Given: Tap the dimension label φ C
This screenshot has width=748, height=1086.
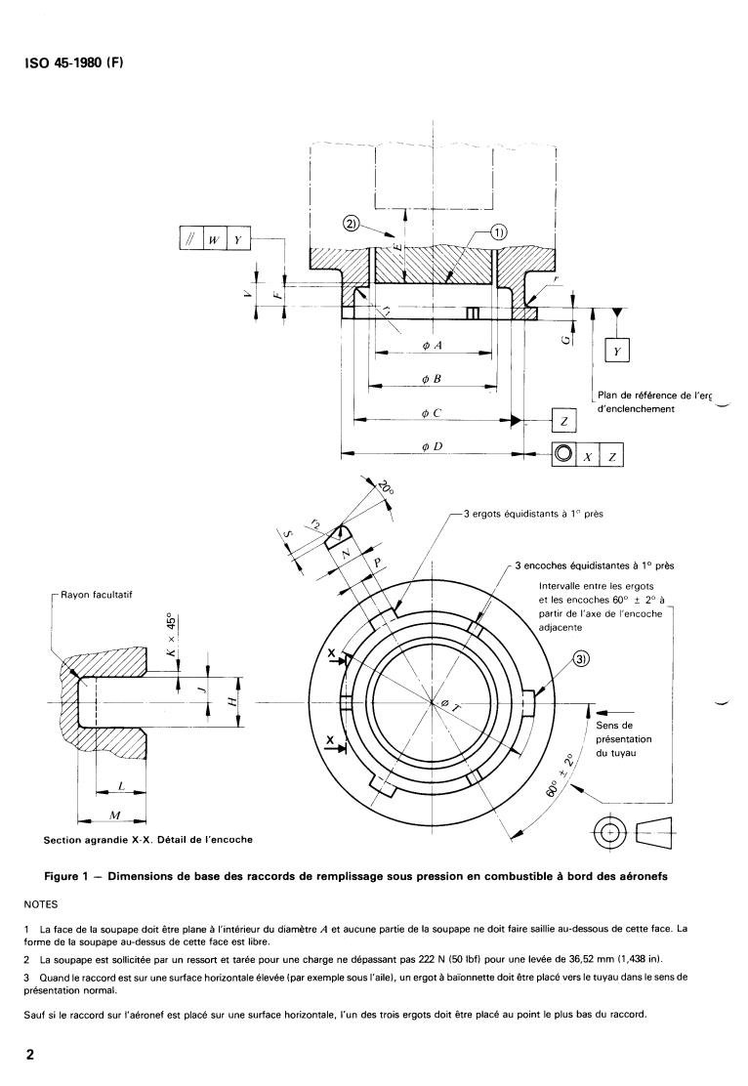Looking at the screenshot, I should point(431,413).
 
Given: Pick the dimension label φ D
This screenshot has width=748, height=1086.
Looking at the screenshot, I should point(431,446).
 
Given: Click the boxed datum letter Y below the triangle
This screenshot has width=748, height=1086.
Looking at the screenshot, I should point(618,350).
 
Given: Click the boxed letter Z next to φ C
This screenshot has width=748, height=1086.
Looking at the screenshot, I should point(563,420).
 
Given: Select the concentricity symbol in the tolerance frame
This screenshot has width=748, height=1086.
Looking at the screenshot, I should point(563,454).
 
